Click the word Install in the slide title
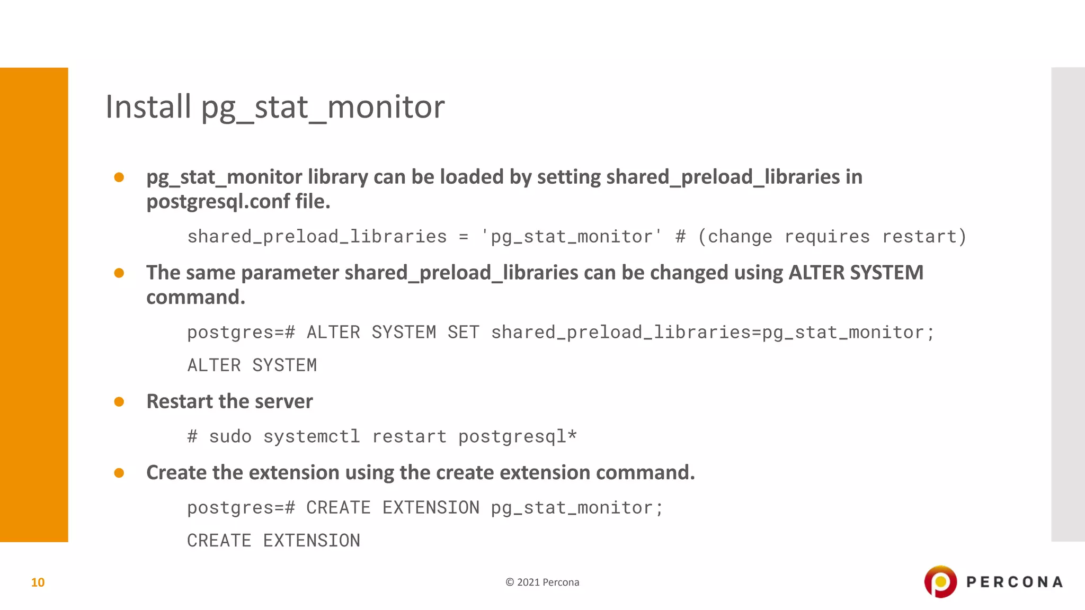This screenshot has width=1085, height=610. (x=148, y=106)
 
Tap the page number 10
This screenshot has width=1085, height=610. (x=38, y=582)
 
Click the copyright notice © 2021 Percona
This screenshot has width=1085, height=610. (x=542, y=582)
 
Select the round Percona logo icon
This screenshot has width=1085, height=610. (x=940, y=581)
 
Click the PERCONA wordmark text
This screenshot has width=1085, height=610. (x=1014, y=582)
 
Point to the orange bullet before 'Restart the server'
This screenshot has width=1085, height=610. (x=119, y=402)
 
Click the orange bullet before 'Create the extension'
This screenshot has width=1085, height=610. (x=119, y=473)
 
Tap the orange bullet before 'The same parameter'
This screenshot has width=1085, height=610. (x=119, y=273)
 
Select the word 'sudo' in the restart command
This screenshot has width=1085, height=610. (x=230, y=437)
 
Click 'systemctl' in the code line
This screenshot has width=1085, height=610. (x=312, y=437)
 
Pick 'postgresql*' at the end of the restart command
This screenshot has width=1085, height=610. (x=517, y=437)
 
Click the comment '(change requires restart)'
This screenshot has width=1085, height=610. (x=832, y=237)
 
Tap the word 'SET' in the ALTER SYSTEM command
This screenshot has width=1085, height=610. (x=463, y=333)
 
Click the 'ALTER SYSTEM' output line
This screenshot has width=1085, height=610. (x=252, y=365)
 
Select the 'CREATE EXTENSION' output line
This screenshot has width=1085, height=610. (x=273, y=541)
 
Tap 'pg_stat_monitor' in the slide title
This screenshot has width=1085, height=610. (x=323, y=107)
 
